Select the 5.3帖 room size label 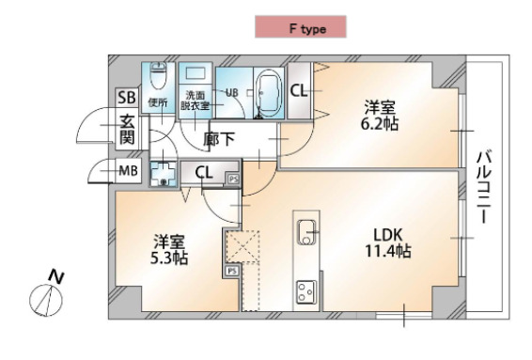pos(169,256)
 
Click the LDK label pos(387,234)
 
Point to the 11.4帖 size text pos(387,251)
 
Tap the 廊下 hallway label pos(219,140)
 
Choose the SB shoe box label pos(127,97)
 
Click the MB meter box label pos(128,171)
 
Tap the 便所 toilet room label pos(157,102)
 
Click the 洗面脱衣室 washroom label pos(196,100)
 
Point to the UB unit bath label pos(230,92)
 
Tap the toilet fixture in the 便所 pos(158,75)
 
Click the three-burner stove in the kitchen pos(307,290)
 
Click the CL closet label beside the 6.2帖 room pos(299,91)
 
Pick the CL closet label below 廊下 pos(204,172)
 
